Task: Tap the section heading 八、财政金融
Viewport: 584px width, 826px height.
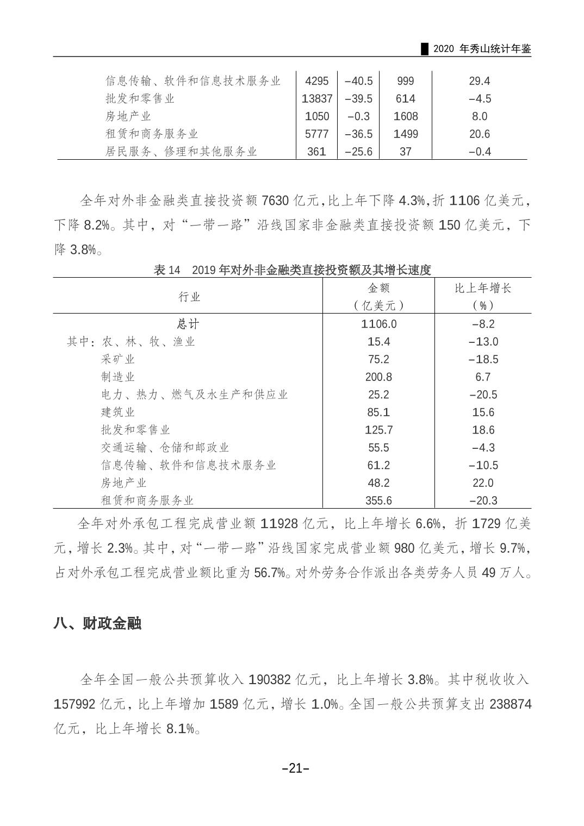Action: tap(97, 623)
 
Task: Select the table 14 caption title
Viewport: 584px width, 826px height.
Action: tap(292, 270)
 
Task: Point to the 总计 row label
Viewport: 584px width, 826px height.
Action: tap(188, 324)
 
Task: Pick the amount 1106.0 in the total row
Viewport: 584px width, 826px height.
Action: tap(378, 324)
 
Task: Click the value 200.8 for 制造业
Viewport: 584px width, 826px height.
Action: tap(378, 377)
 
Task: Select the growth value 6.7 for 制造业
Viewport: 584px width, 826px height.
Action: tap(482, 377)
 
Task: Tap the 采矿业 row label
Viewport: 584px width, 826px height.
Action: tap(117, 359)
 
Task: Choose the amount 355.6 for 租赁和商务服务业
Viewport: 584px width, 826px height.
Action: tap(378, 500)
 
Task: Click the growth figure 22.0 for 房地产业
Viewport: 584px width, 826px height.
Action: tap(482, 483)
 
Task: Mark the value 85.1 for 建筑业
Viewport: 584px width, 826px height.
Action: tap(378, 412)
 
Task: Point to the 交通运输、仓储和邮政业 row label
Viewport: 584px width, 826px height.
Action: tap(165, 447)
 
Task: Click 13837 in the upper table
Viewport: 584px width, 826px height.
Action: tap(316, 98)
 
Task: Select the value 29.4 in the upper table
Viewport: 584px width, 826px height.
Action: tap(479, 81)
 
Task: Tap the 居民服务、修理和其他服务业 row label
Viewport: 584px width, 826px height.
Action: tap(181, 152)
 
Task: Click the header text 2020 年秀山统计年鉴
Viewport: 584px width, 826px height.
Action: tap(482, 49)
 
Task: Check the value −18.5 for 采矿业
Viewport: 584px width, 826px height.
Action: tap(482, 359)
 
